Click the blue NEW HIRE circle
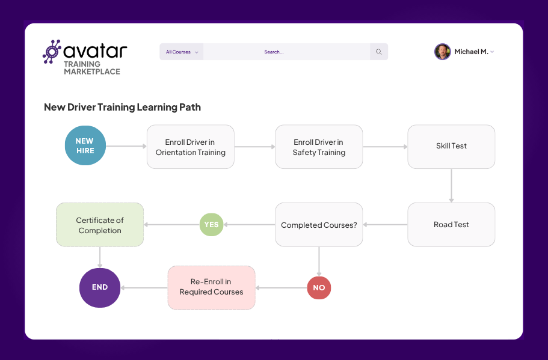click(85, 146)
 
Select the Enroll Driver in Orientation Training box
click(190, 147)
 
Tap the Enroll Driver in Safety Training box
click(319, 147)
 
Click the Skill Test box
click(451, 146)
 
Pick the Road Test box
click(451, 224)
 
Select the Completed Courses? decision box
click(319, 225)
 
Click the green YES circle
click(211, 225)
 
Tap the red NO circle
click(319, 287)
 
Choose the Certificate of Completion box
click(100, 225)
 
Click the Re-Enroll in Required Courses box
click(211, 287)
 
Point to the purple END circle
click(100, 287)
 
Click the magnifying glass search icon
click(379, 52)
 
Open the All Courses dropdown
click(182, 52)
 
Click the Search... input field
click(286, 52)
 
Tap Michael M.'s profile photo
click(442, 52)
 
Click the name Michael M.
click(471, 52)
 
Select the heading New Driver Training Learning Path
click(122, 108)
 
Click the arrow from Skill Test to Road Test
click(451, 185)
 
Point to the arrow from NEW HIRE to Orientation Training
click(126, 146)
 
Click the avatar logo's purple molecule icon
click(52, 52)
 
